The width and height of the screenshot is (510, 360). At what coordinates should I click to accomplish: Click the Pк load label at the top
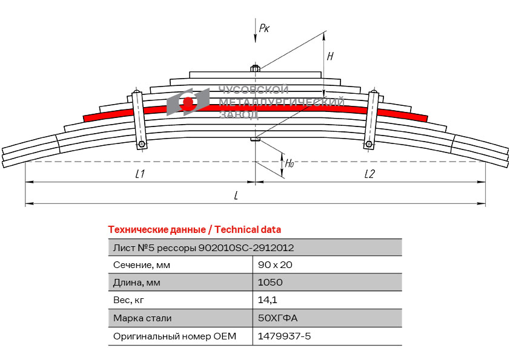coord(264,28)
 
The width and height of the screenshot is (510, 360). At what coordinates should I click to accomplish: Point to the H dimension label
coord(330,56)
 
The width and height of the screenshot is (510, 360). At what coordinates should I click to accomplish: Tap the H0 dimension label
coord(290,163)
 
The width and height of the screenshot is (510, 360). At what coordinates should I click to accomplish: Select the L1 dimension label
coord(140,174)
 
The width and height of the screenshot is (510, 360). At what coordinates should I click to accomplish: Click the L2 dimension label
coord(369,174)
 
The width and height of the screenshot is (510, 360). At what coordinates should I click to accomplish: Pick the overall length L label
coord(236,195)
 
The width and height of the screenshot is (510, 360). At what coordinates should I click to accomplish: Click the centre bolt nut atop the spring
coord(255,68)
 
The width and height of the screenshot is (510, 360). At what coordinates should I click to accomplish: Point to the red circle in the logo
coord(188,104)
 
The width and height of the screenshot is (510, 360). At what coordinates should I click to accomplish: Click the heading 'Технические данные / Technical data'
coord(194,230)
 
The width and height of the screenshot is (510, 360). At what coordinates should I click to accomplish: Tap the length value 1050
coord(270,282)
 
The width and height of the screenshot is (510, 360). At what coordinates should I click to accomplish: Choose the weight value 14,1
coord(268,299)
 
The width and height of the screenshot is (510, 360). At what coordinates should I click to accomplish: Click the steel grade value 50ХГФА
coord(278,318)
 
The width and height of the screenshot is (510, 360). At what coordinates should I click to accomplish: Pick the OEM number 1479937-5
coord(284,336)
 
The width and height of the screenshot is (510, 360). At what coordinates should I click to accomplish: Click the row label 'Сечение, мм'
coord(142,264)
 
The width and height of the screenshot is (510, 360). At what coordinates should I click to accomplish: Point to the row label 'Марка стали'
coord(142,318)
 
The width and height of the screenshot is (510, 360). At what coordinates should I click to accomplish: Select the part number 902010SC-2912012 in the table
coord(247,247)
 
